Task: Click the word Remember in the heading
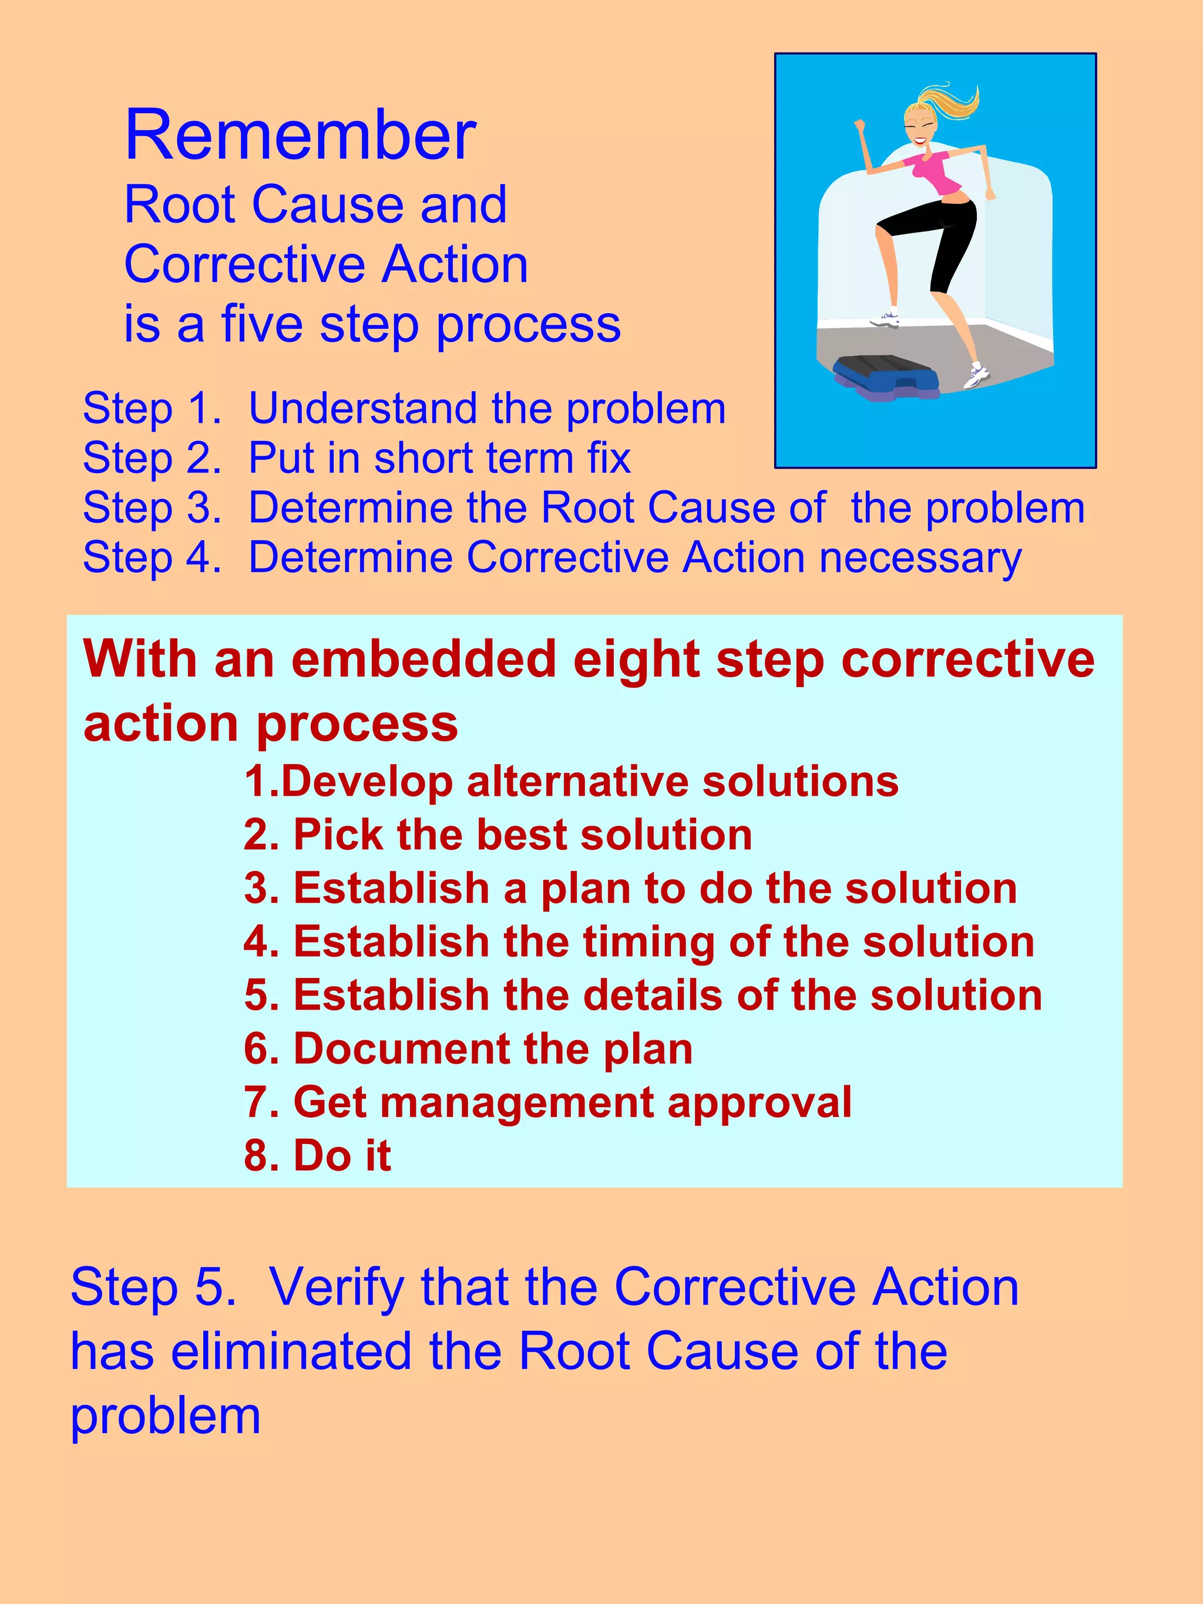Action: coord(300,136)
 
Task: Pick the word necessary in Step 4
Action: coord(920,559)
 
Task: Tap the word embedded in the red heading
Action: coord(424,660)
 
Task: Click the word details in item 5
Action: coord(653,995)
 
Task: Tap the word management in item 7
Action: coord(516,1102)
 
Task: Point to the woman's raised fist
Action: coord(860,125)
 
